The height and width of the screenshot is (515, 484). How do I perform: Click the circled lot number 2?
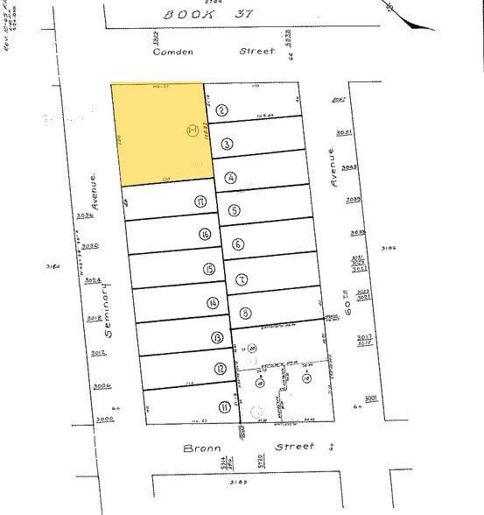pyautogui.click(x=222, y=110)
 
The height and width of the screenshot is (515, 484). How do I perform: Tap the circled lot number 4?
pyautogui.click(x=230, y=177)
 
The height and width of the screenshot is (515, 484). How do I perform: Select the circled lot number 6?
pyautogui.click(x=238, y=244)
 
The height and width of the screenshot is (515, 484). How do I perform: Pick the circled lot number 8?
pyautogui.click(x=246, y=313)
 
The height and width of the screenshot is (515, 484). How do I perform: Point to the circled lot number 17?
pyautogui.click(x=200, y=201)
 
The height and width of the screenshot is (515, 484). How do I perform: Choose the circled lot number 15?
pyautogui.click(x=208, y=270)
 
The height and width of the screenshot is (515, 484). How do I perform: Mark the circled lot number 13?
pyautogui.click(x=216, y=337)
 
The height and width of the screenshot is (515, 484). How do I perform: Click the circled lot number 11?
pyautogui.click(x=225, y=406)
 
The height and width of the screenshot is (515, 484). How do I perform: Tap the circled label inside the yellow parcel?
pyautogui.click(x=193, y=131)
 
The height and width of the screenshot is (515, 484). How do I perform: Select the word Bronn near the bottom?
pyautogui.click(x=200, y=448)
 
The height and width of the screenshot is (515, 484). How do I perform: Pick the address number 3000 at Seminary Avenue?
pyautogui.click(x=105, y=420)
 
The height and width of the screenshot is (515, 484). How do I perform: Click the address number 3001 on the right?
pyautogui.click(x=371, y=398)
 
